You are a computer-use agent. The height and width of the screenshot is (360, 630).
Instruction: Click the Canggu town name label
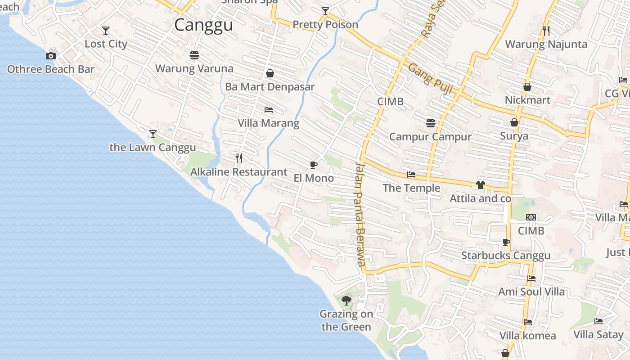click(x=203, y=25)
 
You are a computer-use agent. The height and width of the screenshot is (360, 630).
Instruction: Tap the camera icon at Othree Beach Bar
click(x=51, y=56)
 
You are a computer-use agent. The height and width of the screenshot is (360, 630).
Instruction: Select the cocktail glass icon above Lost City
click(x=106, y=31)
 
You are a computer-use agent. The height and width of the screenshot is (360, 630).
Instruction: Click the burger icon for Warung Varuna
click(x=194, y=55)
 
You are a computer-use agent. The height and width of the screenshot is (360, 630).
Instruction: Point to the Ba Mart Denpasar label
click(x=270, y=87)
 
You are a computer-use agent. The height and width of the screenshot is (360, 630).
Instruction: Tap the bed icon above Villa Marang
click(x=269, y=110)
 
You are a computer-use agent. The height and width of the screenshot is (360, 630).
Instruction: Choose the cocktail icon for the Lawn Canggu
click(x=153, y=134)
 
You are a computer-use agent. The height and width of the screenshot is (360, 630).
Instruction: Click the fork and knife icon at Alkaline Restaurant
click(x=239, y=158)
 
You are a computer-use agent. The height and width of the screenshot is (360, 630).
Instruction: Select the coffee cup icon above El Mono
click(x=314, y=165)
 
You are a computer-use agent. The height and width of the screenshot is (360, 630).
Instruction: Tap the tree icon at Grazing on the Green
click(x=346, y=301)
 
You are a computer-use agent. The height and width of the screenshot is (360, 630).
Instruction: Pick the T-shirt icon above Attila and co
click(x=480, y=185)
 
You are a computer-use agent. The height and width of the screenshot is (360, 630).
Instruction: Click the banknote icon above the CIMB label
click(x=531, y=217)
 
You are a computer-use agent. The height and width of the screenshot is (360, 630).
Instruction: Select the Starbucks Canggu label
click(x=506, y=256)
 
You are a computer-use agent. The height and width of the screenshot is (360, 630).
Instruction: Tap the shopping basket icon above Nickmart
click(x=527, y=87)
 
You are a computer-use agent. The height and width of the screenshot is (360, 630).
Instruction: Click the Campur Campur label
click(x=430, y=137)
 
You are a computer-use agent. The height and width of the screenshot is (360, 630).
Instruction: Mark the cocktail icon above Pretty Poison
click(x=325, y=11)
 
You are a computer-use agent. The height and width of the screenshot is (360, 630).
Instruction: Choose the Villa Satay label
click(x=598, y=334)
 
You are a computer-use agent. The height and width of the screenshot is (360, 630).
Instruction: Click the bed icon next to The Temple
click(x=411, y=175)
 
